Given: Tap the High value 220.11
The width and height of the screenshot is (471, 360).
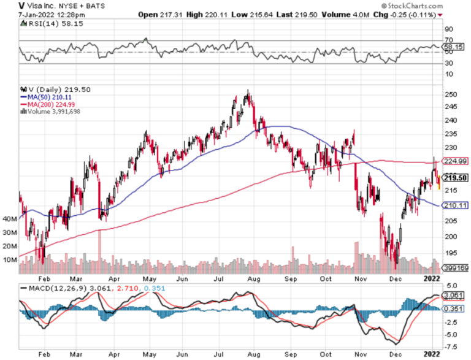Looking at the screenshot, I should coord(209,14).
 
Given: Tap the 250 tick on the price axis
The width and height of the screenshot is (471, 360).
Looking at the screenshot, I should coord(452,95).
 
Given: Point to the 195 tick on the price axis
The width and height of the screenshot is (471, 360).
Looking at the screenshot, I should coord(452,253).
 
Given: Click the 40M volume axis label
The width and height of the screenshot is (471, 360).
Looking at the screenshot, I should coord(10,219).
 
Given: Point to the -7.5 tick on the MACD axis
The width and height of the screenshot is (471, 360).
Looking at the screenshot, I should coord(452,346).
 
